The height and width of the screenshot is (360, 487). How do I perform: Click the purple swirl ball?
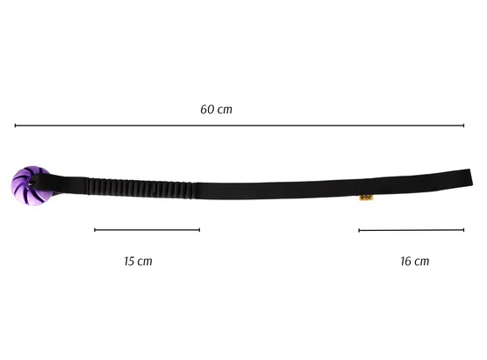tap(30, 186)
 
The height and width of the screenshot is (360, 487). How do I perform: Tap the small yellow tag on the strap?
tap(366, 198)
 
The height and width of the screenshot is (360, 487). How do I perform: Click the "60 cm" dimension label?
tap(216, 110)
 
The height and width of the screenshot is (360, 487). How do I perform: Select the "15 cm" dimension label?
tap(139, 261)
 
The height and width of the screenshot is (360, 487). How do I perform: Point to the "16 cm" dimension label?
tap(415, 261)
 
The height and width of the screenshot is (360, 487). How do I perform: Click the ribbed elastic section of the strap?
tap(140, 189)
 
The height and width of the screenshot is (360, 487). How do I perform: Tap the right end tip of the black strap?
tap(472, 176)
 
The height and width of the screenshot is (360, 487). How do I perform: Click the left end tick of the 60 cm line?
tap(15, 126)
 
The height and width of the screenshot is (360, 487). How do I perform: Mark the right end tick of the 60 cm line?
tap(463, 126)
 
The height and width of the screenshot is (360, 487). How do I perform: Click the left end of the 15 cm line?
tap(95, 230)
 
